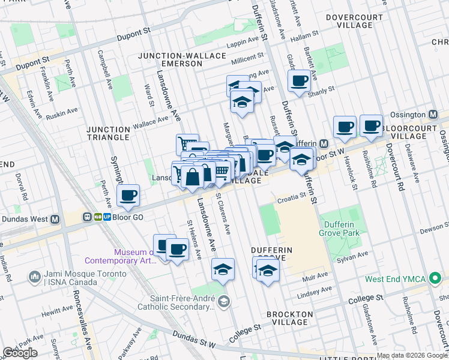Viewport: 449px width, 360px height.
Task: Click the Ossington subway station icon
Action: point(433,115)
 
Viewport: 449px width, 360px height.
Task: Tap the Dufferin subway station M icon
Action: point(323,143)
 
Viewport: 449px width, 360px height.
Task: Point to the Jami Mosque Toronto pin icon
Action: point(34,277)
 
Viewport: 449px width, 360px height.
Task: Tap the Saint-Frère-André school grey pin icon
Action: point(223,301)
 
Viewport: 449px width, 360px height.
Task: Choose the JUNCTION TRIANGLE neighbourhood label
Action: point(108,133)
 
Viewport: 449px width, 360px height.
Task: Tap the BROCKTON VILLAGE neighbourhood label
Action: point(290,317)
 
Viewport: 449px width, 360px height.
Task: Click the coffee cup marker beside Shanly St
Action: point(299,80)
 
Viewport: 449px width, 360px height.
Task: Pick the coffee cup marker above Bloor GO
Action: point(128,195)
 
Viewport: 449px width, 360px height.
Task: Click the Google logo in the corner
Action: point(20,353)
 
